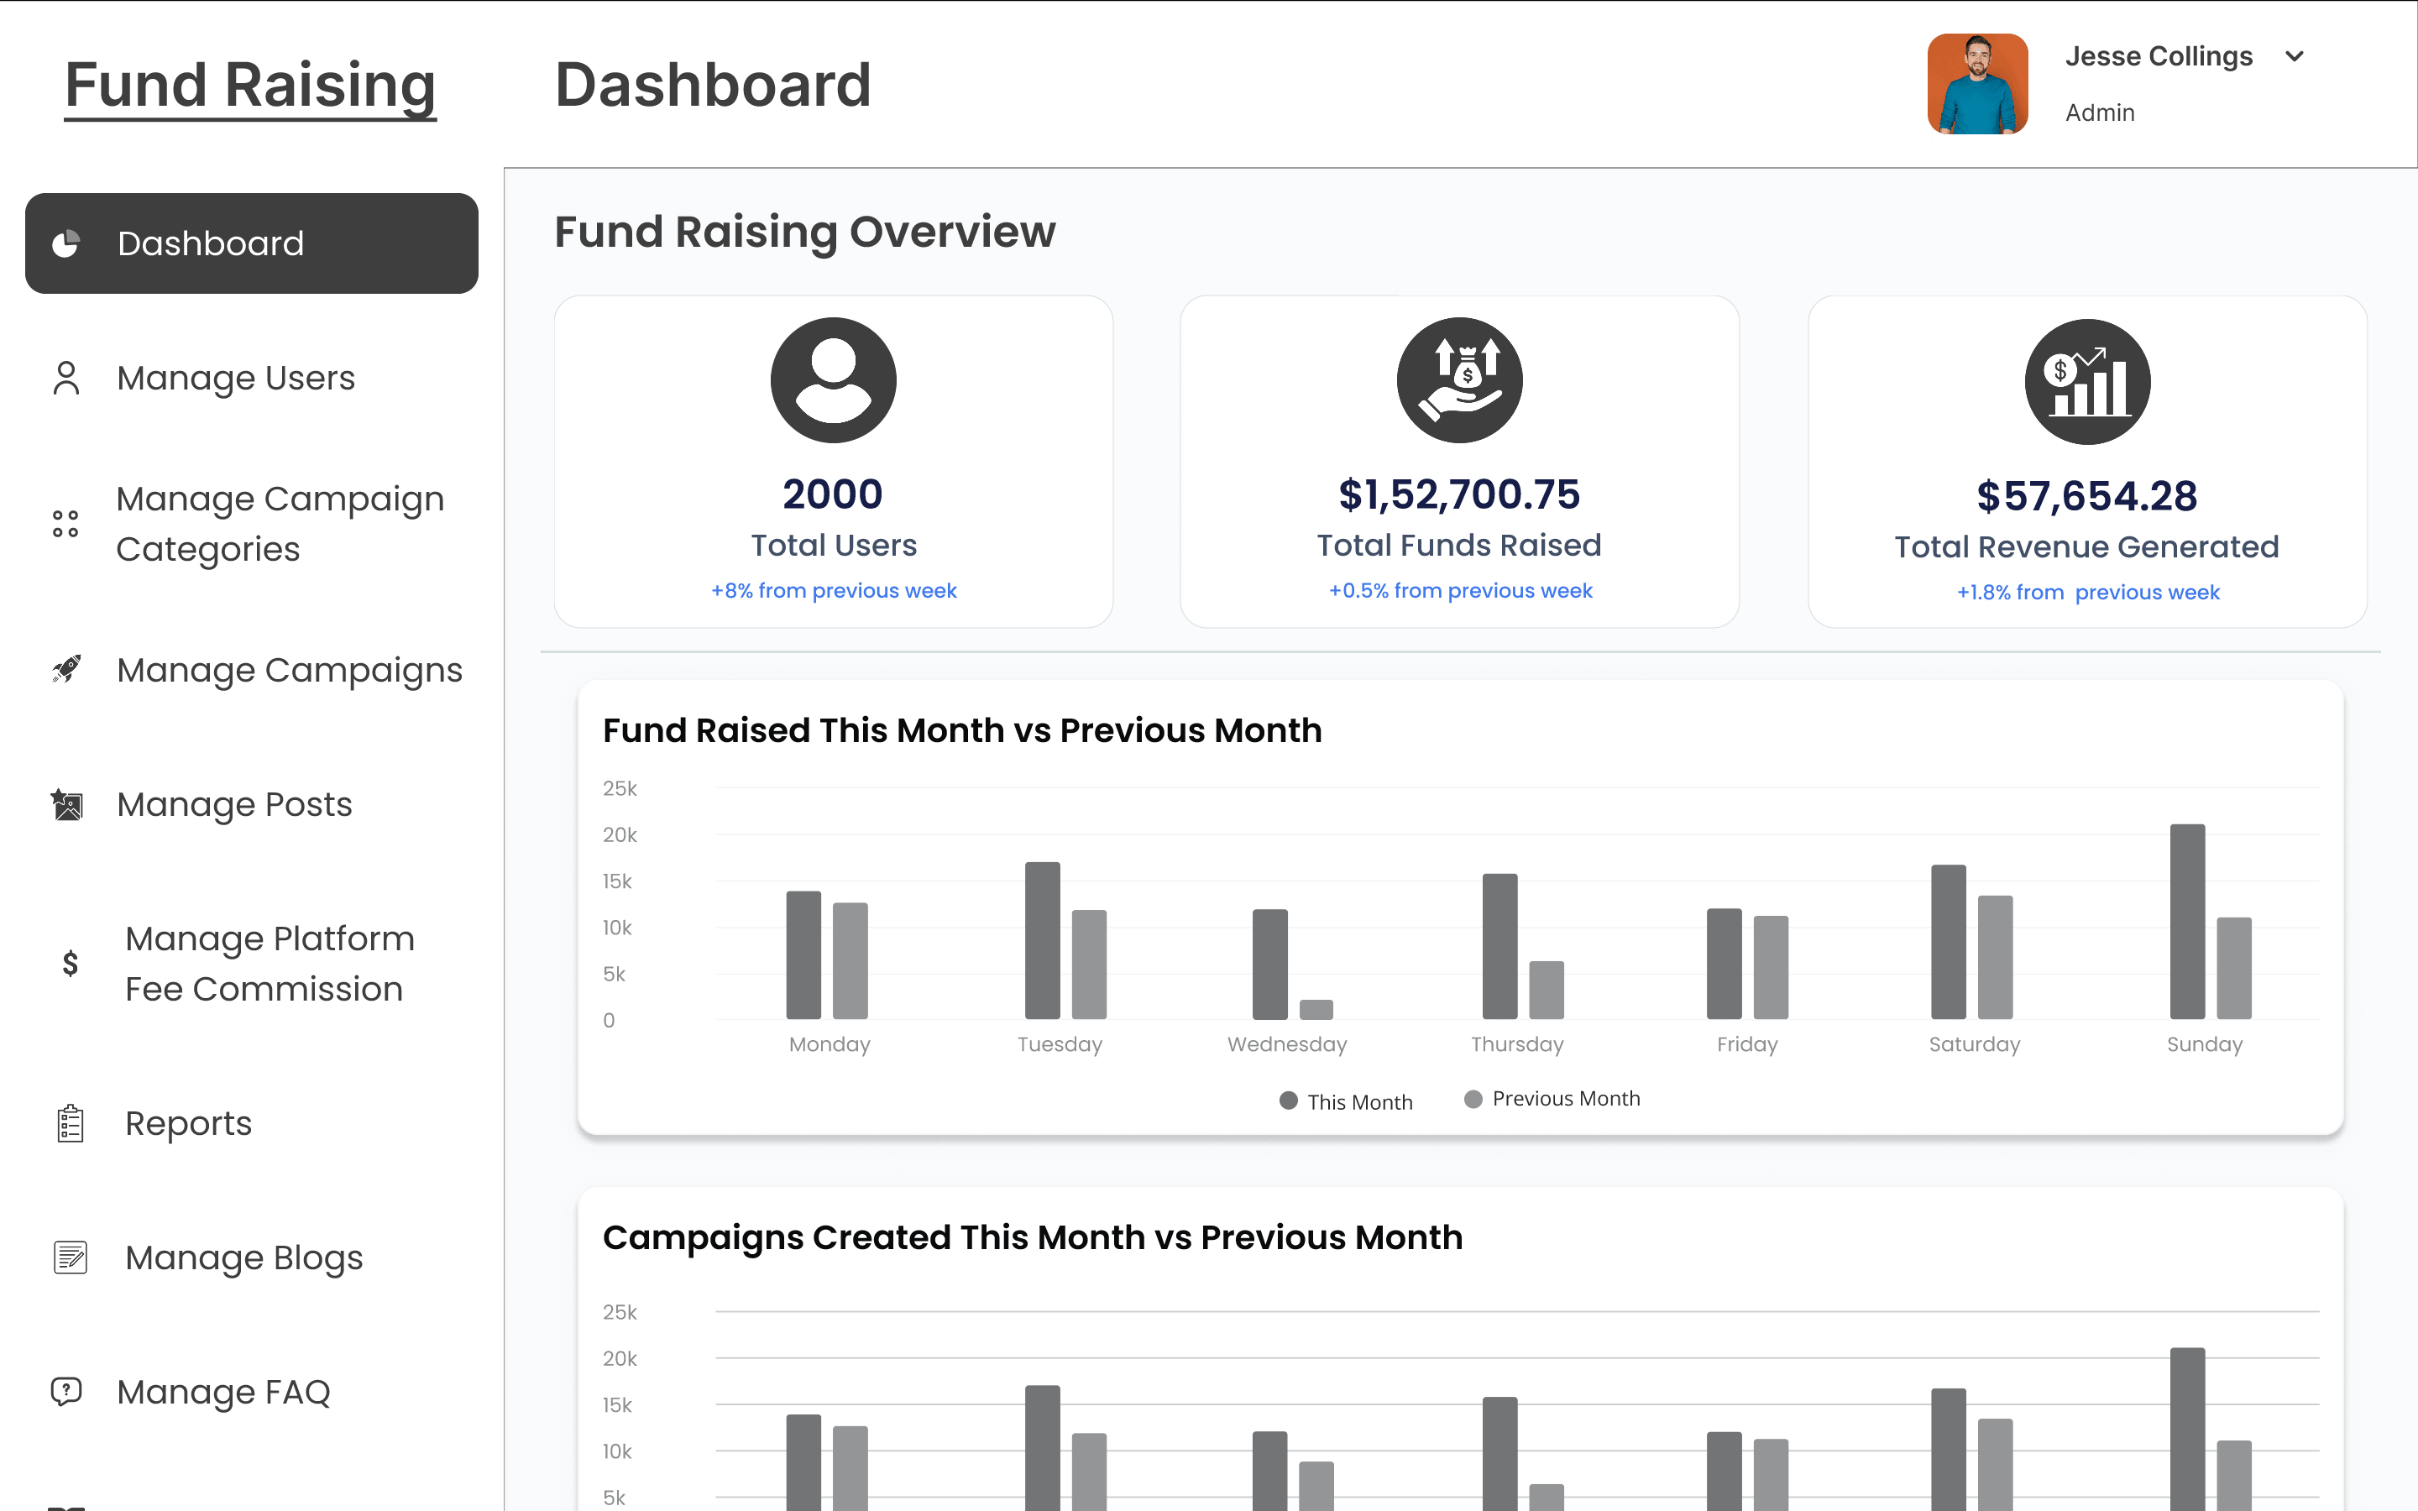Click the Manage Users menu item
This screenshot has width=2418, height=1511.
[x=235, y=379]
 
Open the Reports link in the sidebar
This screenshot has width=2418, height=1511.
[x=188, y=1123]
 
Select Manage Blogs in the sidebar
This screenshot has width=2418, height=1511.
[x=243, y=1257]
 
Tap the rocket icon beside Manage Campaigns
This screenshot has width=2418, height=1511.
[x=67, y=668]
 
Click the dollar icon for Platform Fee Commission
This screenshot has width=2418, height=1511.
[x=70, y=964]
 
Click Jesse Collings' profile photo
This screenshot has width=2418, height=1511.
[x=1976, y=84]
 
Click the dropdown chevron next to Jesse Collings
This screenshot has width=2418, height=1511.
[x=2294, y=57]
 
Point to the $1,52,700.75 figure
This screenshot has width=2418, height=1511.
[x=1459, y=494]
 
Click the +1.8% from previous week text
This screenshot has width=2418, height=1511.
[x=2087, y=593]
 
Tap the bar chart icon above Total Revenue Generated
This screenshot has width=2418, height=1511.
[x=2087, y=382]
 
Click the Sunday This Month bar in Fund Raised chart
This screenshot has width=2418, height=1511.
[x=2186, y=922]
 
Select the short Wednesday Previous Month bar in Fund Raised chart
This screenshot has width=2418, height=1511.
[x=1316, y=1009]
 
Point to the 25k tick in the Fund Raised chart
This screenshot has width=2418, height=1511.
[x=620, y=788]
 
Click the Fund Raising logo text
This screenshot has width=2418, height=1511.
[x=250, y=85]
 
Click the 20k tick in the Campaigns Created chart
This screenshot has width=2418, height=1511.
[x=620, y=1358]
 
